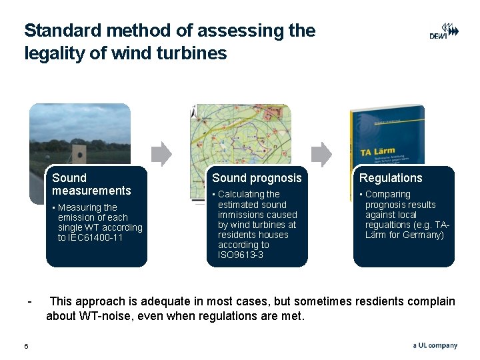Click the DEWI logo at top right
tap(443, 31)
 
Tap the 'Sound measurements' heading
tap(91, 184)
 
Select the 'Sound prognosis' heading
tap(257, 178)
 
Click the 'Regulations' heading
tap(391, 178)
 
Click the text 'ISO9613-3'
tap(241, 255)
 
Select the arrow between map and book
tap(321, 154)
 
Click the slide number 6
tap(26, 345)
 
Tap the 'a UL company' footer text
tap(435, 345)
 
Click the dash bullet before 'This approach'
tap(29, 301)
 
